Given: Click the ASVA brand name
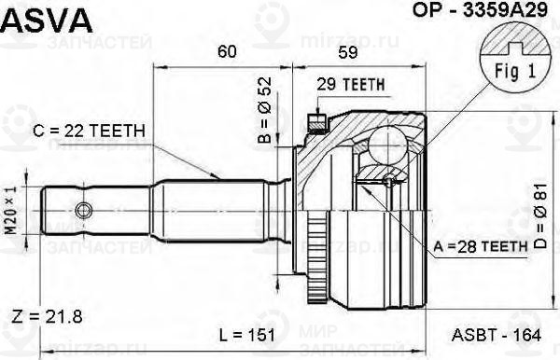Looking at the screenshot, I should click(46, 18).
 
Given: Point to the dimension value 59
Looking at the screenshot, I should click(348, 52).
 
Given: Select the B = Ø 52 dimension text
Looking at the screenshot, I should click(264, 124).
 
